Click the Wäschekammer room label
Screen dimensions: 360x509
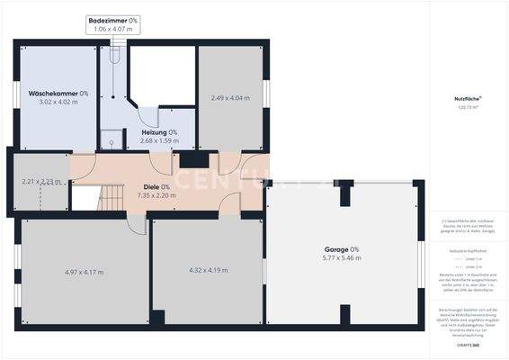58,93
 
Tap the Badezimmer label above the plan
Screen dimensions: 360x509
113,20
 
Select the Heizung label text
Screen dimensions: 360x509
159,132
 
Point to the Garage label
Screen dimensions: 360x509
342,249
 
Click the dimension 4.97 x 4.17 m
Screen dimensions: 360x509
84,272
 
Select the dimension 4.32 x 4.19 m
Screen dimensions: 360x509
209,270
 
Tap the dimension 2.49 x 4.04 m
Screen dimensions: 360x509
230,98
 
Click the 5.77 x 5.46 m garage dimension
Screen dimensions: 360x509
342,258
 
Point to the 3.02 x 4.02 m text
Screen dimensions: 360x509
58,102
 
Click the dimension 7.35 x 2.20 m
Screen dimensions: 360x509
156,195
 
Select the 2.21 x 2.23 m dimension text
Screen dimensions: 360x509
40,182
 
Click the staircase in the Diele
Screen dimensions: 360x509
112,195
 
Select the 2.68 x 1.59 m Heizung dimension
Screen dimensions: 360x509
159,141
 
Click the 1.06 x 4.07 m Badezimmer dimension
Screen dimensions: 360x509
113,29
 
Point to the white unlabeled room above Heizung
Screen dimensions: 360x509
164,74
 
